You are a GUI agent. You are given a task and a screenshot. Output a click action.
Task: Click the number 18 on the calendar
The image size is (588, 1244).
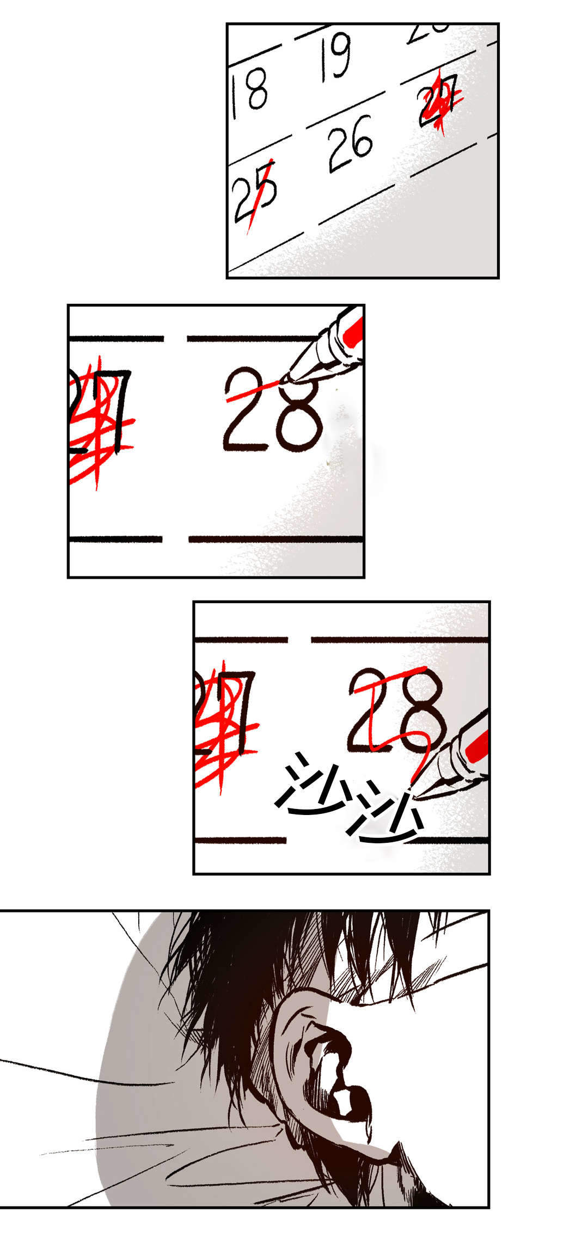249,96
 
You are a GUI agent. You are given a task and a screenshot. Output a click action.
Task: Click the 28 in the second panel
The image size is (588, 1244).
272,411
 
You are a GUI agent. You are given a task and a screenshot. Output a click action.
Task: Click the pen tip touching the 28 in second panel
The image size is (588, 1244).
285,379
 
